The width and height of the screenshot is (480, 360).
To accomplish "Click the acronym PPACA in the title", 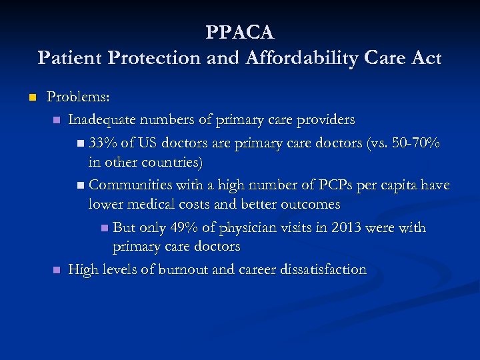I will point(240,32).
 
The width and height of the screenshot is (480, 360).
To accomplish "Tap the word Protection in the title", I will point(149,58).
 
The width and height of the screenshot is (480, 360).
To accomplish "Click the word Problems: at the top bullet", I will point(78,97).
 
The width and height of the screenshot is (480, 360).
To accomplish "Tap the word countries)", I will point(169,162).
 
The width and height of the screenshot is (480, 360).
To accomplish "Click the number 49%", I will point(184,227).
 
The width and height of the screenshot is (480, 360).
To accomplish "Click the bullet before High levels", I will point(57,270).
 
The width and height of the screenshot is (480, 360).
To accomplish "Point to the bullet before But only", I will point(104,229).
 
